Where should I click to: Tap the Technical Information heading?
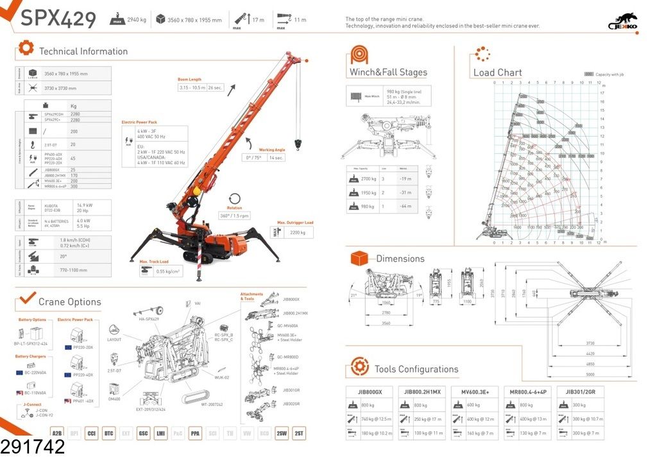click(83, 51)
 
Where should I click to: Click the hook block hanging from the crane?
click(297, 142)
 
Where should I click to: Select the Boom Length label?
click(190, 80)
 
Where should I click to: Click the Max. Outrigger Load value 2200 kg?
click(298, 233)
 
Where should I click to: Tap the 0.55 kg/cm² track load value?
click(169, 271)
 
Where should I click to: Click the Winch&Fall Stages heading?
click(388, 72)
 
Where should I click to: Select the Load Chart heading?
click(497, 72)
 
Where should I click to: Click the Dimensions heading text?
click(400, 259)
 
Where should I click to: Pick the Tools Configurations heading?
click(416, 369)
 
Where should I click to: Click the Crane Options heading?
click(69, 302)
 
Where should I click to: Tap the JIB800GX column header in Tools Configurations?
click(370, 391)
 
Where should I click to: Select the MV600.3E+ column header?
click(475, 391)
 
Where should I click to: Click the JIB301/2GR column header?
click(581, 391)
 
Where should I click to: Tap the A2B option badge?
click(57, 434)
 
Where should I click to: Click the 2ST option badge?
click(299, 434)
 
